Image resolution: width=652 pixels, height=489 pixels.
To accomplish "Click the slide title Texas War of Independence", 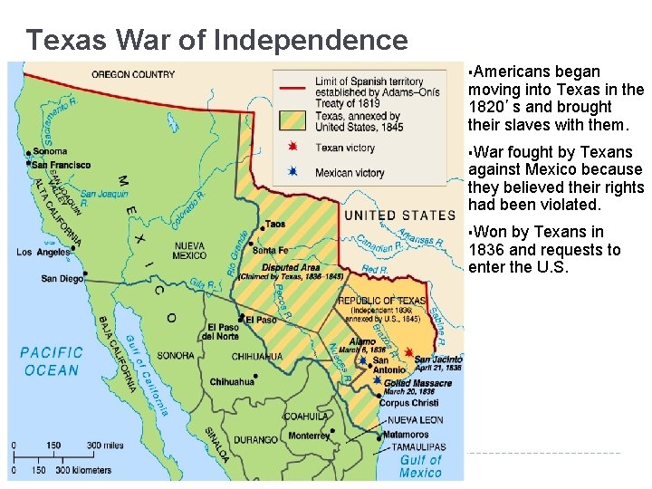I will click(x=216, y=40).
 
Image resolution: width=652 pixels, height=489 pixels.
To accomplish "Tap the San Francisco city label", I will click(x=61, y=165).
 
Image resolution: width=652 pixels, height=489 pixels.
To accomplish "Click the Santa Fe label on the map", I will click(x=271, y=250).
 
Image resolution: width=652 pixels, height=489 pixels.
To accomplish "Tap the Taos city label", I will click(x=275, y=224).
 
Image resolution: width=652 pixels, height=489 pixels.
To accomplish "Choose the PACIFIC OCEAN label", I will click(x=52, y=361).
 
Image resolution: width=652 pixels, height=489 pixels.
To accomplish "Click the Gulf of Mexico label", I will click(x=420, y=466).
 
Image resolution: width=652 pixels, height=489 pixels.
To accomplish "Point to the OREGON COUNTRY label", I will click(x=133, y=74).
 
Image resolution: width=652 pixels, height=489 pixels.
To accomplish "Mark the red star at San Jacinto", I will click(x=409, y=352).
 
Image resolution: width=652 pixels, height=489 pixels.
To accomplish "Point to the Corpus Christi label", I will click(x=408, y=403).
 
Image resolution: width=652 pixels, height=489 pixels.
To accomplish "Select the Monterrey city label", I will click(x=310, y=436).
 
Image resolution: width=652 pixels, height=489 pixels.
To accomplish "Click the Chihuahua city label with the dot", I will click(x=233, y=382).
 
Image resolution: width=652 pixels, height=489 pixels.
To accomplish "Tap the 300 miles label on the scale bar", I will click(x=102, y=446).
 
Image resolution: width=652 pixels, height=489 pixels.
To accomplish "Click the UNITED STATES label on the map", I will click(x=398, y=216).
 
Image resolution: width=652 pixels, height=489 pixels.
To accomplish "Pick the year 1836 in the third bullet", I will click(x=487, y=250).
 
